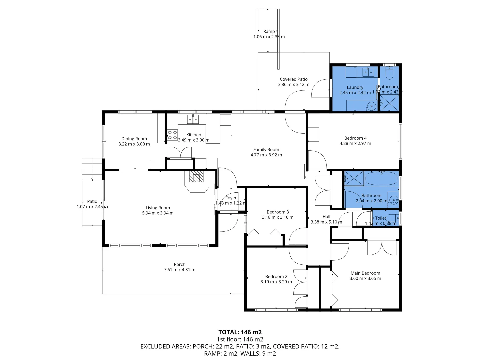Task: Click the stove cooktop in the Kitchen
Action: [172, 135]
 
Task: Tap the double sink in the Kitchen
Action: [193, 119]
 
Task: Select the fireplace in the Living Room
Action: [196, 177]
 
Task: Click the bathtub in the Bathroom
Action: [381, 179]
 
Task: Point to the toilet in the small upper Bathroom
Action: [389, 72]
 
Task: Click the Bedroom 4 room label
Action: [355, 138]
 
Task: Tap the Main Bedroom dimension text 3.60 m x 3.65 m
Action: [365, 278]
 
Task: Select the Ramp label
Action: [269, 31]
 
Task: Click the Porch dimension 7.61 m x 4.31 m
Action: [179, 270]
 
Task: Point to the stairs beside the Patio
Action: [92, 169]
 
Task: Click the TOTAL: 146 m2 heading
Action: [240, 332]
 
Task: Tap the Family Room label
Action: [266, 150]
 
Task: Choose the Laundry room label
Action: [355, 87]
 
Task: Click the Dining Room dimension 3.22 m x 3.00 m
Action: [134, 144]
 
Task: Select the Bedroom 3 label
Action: [278, 212]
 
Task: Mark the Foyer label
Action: [231, 198]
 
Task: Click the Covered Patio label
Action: [294, 79]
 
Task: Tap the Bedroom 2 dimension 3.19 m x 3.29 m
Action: [276, 282]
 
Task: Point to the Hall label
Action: [326, 217]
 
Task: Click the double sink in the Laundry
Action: [368, 72]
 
